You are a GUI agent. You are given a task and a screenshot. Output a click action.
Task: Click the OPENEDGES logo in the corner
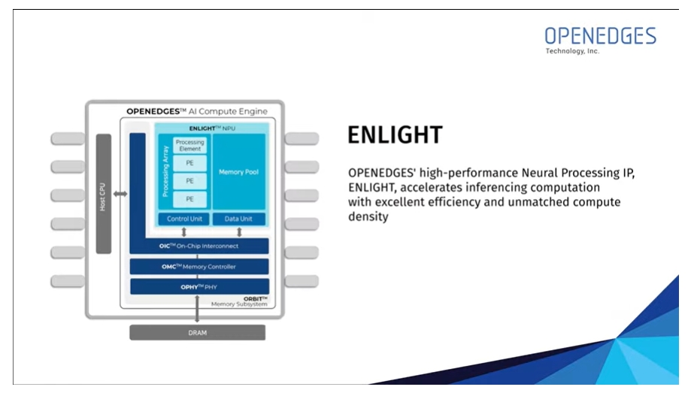coord(600,40)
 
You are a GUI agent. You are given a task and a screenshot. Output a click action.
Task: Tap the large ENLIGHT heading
coord(395,135)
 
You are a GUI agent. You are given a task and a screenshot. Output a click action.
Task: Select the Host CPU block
coord(104,194)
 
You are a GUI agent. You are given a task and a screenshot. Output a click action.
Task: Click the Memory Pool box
coord(239,172)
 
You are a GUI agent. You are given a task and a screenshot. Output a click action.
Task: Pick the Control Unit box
coord(184,219)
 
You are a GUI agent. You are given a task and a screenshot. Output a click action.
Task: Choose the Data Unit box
coord(239,219)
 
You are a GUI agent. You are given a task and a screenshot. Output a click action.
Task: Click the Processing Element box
coord(190,145)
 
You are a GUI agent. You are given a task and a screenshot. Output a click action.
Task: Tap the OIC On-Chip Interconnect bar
coord(199,246)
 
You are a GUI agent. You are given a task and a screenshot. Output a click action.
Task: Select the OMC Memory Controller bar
coord(199,267)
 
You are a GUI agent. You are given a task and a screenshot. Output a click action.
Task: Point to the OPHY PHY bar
coord(199,287)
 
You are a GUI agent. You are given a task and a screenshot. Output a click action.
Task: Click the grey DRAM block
coord(198,333)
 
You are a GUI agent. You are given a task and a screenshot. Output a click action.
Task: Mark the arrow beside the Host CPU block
coord(120,194)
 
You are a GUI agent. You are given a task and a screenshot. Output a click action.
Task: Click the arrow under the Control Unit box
coord(184,231)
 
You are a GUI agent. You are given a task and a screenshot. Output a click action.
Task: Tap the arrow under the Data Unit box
coord(239,231)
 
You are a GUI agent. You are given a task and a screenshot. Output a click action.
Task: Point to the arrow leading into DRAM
coord(197,309)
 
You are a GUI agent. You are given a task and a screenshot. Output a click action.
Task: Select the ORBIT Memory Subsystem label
coord(239,301)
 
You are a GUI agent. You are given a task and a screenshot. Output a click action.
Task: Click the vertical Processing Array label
coord(165,171)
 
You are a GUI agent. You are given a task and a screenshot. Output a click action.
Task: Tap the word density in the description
coord(368,216)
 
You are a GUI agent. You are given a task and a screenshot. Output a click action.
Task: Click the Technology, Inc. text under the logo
coord(572,51)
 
